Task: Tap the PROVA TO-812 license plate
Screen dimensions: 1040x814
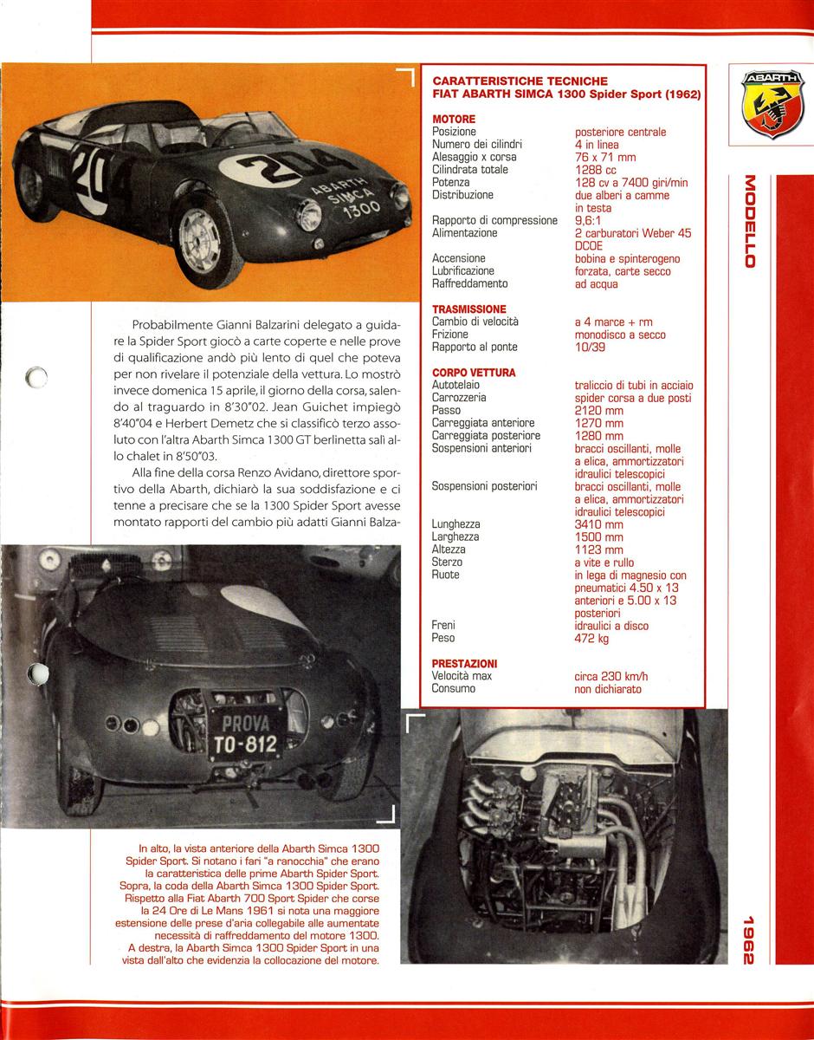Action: tap(243, 733)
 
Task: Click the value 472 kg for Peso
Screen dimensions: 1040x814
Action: tap(592, 639)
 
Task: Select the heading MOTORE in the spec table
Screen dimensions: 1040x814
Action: tap(453, 119)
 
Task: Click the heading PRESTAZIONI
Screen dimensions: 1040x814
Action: tap(465, 663)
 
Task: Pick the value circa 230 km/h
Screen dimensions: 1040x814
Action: tap(610, 676)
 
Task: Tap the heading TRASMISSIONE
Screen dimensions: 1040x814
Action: tap(468, 309)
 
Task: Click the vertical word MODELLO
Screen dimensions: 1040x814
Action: tap(749, 222)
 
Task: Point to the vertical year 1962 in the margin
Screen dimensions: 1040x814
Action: tap(749, 940)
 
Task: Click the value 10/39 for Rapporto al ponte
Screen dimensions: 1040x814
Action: tap(589, 347)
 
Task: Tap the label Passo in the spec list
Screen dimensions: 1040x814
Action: tap(447, 410)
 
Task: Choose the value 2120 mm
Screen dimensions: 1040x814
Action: tap(598, 410)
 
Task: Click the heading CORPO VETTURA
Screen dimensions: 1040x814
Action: tap(473, 373)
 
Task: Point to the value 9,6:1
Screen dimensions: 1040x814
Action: tap(592, 220)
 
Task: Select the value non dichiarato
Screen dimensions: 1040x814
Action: tap(607, 689)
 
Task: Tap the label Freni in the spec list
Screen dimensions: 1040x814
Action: tap(443, 626)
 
